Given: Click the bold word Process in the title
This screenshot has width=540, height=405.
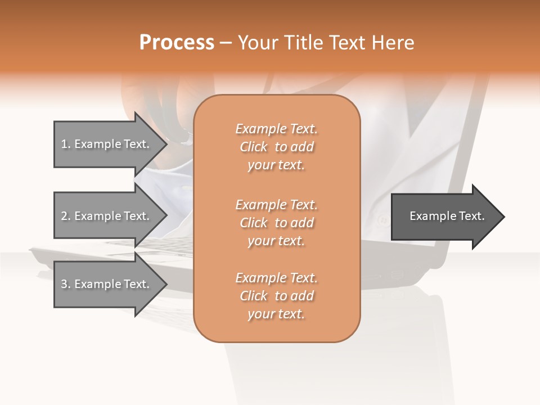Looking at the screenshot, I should click(177, 43).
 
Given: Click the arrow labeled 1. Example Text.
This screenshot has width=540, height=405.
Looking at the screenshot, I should click(107, 144).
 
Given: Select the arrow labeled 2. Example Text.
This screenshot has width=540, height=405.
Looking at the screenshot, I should click(107, 216).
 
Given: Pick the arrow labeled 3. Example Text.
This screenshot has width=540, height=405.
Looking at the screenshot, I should click(107, 284).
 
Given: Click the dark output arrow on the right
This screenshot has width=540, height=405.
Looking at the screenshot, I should click(444, 217).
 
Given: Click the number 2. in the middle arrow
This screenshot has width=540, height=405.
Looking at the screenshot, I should click(66, 216).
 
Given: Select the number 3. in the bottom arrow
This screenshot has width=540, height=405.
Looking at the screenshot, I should click(66, 284).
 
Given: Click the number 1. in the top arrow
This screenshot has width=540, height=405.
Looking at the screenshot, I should click(66, 144).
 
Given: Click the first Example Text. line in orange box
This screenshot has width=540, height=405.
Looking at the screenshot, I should click(276, 129).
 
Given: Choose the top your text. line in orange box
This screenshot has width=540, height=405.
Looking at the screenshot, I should click(276, 165).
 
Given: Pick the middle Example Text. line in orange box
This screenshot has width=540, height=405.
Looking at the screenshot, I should click(276, 204).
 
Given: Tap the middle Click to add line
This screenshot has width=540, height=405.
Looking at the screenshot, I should click(276, 223).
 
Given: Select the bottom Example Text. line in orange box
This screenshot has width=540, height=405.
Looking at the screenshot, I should click(276, 278).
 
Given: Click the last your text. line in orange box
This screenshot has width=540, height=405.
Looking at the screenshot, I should click(276, 314).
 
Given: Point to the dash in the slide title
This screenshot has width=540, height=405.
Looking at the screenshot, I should click(226, 43).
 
